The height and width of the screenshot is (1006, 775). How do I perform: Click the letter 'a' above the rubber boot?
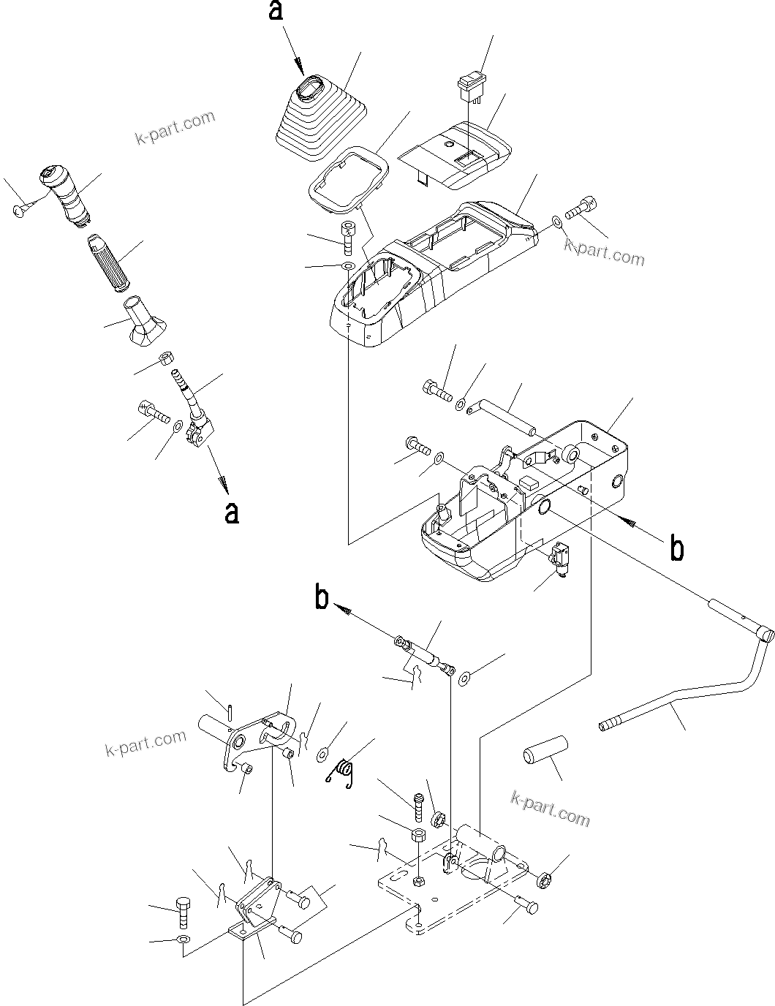276,12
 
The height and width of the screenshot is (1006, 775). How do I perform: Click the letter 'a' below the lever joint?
231,513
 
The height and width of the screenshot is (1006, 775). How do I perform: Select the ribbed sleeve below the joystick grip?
107,262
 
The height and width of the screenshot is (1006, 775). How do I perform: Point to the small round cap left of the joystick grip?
20,211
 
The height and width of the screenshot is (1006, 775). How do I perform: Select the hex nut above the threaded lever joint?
166,358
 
